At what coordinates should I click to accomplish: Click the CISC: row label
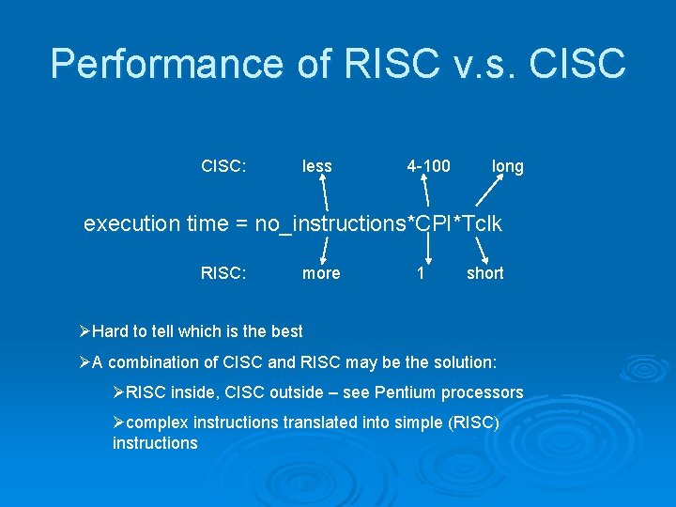click(x=223, y=166)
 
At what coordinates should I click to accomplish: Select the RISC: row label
click(x=223, y=273)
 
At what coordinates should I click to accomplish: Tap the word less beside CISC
click(x=317, y=166)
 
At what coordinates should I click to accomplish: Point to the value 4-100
click(x=428, y=166)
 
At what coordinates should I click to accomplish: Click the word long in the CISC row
click(x=508, y=166)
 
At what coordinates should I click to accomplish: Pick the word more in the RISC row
click(x=321, y=273)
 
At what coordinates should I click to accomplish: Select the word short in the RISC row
click(x=485, y=273)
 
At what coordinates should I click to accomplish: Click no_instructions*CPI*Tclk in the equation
click(x=378, y=223)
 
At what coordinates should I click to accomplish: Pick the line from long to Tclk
click(x=489, y=192)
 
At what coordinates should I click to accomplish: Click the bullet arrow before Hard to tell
click(x=84, y=331)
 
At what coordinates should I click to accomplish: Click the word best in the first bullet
click(x=286, y=331)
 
